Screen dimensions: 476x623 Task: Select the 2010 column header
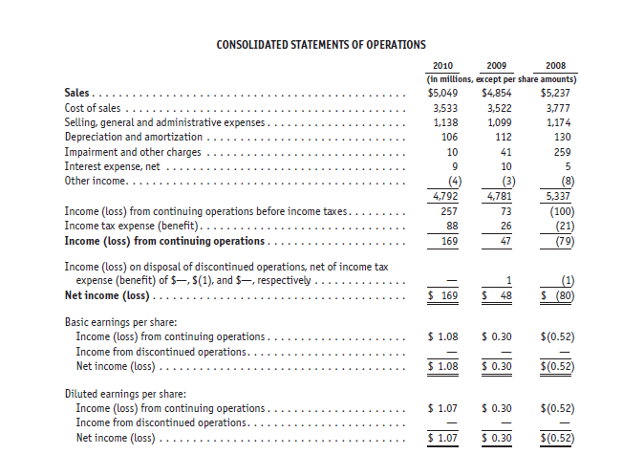[x=443, y=65]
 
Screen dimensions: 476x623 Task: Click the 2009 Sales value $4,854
[x=499, y=94]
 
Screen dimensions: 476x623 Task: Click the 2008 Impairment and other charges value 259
[x=558, y=151]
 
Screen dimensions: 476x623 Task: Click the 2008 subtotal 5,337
[x=555, y=195]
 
